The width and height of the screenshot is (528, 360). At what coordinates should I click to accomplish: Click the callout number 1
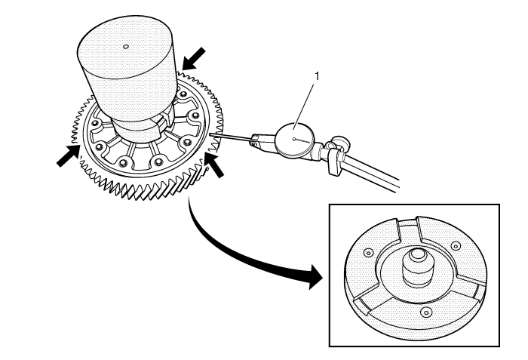tap(317, 76)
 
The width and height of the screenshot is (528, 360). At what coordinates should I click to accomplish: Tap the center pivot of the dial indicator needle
tap(295, 139)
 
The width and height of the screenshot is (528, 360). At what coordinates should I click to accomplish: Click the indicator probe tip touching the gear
tap(210, 134)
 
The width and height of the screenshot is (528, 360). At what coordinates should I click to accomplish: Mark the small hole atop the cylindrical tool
tap(126, 47)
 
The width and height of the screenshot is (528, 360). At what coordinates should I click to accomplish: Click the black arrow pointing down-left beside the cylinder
tap(193, 59)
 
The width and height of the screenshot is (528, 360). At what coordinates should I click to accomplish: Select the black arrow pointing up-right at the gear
tap(69, 155)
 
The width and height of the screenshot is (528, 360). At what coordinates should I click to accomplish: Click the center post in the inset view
tap(417, 268)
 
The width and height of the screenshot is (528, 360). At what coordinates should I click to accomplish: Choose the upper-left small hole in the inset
tap(368, 253)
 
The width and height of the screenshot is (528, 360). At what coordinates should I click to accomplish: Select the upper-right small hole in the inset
tap(456, 246)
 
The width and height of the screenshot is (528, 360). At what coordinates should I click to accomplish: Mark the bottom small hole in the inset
tap(426, 312)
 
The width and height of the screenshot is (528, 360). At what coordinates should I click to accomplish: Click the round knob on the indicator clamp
tap(340, 142)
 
